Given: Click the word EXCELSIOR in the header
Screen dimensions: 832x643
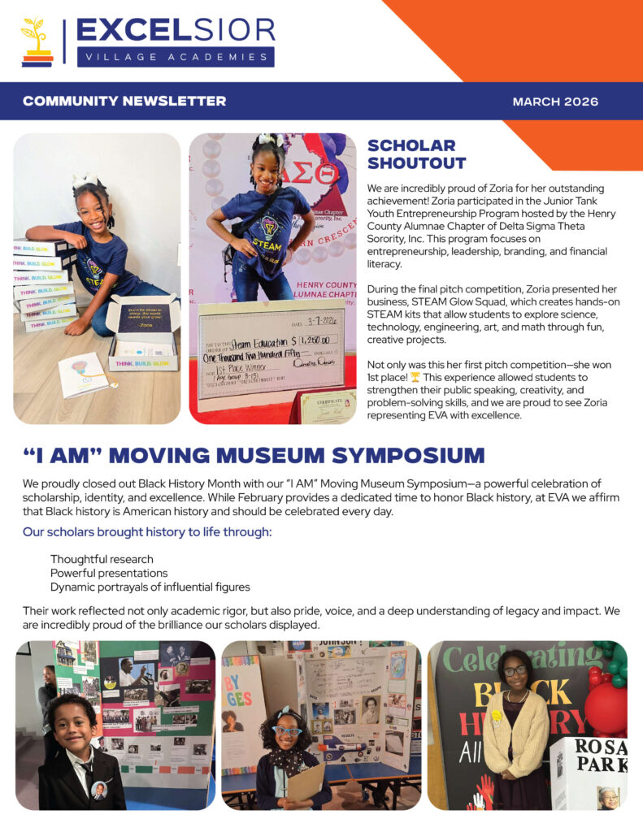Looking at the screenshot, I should [176, 30].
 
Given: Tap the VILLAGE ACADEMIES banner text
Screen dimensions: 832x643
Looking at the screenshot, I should [176, 57].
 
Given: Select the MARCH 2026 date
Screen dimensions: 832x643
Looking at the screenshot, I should [555, 102].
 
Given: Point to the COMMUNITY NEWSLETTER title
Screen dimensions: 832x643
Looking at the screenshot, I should [124, 102].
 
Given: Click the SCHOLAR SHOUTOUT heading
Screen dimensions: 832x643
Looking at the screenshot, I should [416, 154].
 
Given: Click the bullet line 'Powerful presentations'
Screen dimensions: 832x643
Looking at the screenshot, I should [106, 573].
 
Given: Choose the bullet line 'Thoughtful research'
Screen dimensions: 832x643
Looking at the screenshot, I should [102, 559].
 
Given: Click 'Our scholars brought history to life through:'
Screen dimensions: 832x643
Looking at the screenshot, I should [147, 532].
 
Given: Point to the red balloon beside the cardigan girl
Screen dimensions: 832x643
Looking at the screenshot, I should [608, 707].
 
